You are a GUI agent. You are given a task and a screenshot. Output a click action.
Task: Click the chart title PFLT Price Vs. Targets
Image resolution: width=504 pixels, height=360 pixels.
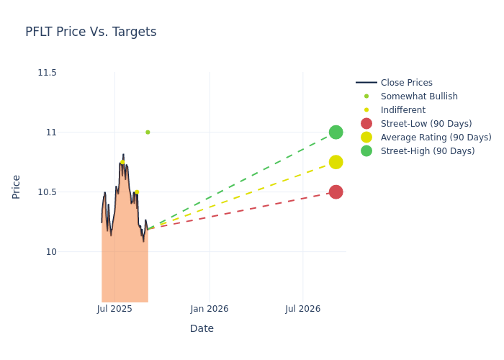tap(91, 32)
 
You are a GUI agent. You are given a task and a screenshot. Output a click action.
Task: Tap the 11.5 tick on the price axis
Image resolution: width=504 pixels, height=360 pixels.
tap(47, 73)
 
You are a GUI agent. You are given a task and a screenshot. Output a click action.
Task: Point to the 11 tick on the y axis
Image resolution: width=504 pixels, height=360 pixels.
tap(51, 132)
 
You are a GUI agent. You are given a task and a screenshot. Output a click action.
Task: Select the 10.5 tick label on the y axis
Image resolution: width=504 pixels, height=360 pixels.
tap(47, 192)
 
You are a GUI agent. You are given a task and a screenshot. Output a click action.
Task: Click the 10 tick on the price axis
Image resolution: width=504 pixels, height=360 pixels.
tap(51, 252)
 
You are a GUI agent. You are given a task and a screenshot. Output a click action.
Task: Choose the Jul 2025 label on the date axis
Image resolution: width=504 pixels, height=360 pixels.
tap(114, 309)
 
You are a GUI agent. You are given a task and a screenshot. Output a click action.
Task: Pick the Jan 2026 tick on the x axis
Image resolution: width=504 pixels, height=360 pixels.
tap(210, 309)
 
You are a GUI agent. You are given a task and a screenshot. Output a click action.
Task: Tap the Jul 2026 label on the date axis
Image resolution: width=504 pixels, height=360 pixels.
tap(303, 309)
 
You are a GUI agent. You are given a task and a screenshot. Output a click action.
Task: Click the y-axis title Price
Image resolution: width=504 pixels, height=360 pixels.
tap(17, 186)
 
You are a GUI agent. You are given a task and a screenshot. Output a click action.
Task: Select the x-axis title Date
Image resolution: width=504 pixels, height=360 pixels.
tap(202, 328)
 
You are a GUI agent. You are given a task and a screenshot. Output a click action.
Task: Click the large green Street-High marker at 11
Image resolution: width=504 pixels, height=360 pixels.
tap(336, 132)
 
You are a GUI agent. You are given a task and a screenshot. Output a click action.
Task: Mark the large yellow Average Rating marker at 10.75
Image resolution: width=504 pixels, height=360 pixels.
tap(336, 162)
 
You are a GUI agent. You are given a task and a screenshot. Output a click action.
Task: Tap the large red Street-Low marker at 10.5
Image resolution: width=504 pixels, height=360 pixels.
tap(336, 192)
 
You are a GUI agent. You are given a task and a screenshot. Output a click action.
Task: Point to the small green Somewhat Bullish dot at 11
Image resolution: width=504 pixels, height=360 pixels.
tap(148, 132)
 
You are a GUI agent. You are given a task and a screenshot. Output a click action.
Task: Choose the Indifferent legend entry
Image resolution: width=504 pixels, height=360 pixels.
tap(402, 110)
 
